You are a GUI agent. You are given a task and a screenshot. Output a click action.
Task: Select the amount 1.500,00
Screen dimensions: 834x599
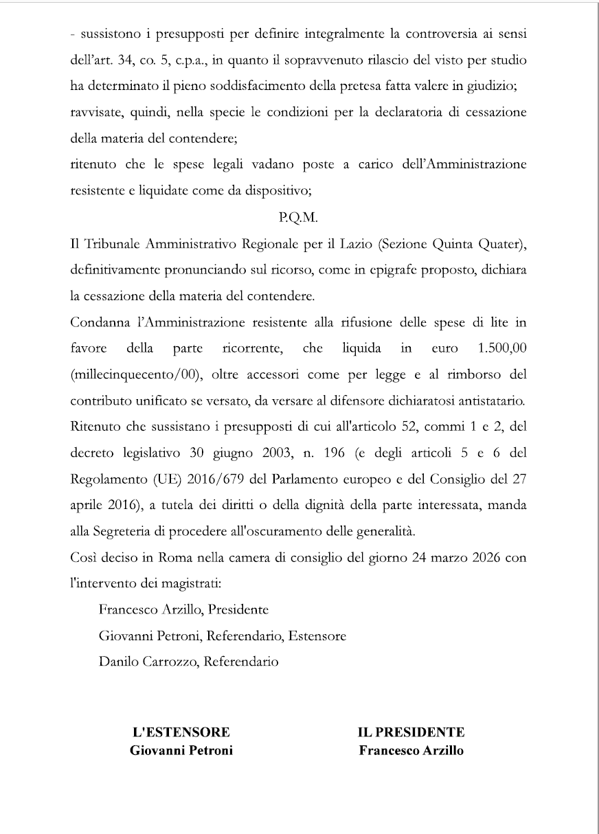502,348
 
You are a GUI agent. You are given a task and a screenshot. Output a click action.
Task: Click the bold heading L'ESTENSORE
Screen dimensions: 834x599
181,732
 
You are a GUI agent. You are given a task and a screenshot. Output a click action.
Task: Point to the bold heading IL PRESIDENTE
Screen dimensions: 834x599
411,732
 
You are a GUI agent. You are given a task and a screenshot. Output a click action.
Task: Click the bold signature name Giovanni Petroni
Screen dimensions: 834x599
181,750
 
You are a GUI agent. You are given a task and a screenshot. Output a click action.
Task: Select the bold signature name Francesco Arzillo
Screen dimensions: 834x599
411,750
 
